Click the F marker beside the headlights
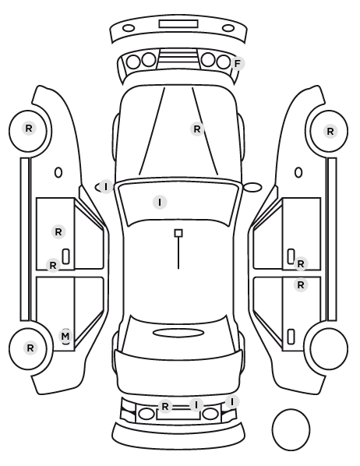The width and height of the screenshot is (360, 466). tap(237, 63)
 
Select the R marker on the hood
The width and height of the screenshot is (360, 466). tap(197, 129)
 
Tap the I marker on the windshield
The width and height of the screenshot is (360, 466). tap(160, 202)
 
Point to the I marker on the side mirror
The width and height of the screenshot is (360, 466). tap(106, 187)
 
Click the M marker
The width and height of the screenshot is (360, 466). tap(65, 336)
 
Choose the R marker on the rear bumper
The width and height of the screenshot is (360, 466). tap(165, 406)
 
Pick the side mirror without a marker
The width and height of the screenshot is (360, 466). tap(252, 187)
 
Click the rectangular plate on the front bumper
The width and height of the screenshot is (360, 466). tap(178, 24)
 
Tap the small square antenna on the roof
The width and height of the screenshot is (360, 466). tap(178, 233)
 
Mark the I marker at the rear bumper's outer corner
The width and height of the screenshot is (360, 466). tap(232, 402)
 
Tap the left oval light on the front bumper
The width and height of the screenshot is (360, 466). tap(129, 28)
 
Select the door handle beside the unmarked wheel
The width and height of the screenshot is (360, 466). tap(291, 337)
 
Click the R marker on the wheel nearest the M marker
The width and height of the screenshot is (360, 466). tap(30, 348)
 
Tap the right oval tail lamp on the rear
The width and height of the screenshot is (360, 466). tap(210, 414)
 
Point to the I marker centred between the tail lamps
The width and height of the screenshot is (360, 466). tap(196, 404)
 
